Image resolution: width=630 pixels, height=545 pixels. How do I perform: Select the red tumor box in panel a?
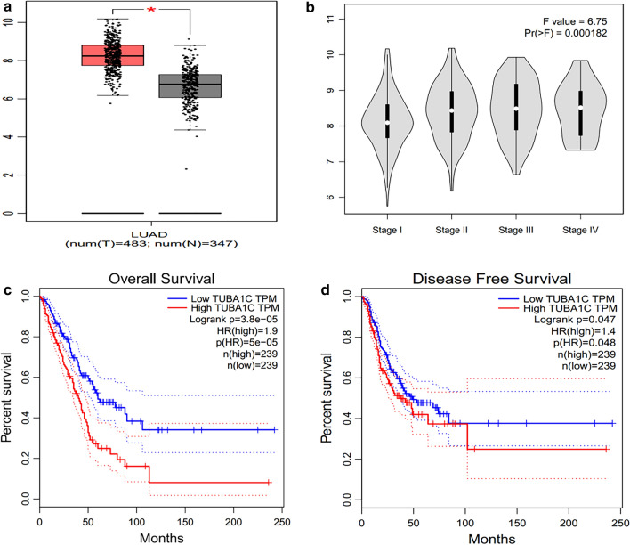pyautogui.click(x=112, y=56)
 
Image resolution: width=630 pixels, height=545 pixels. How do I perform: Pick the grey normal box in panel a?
pyautogui.click(x=190, y=85)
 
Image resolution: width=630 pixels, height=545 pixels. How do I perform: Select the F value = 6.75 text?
pyautogui.click(x=574, y=19)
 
